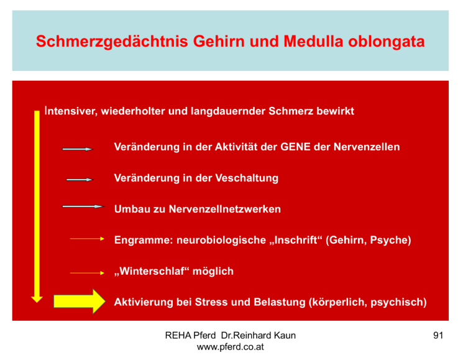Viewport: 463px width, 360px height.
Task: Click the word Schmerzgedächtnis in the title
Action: [112, 41]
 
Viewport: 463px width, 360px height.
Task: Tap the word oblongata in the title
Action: [386, 41]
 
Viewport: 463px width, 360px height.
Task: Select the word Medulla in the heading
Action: [313, 41]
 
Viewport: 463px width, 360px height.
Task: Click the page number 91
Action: [438, 335]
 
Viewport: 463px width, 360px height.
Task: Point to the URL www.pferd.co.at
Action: [231, 347]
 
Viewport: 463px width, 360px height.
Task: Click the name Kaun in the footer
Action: [285, 335]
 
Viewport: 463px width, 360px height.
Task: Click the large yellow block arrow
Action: [80, 301]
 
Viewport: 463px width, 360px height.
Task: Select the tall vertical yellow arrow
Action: [37, 206]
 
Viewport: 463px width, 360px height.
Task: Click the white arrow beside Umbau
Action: [83, 206]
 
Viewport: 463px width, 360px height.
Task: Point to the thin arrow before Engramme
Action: [87, 239]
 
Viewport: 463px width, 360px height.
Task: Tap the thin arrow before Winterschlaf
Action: [87, 273]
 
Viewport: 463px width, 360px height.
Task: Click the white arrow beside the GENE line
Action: [78, 149]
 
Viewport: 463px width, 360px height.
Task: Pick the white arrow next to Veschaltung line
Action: [80, 180]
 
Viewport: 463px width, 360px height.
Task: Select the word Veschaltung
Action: [247, 178]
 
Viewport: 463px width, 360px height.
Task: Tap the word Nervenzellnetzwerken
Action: [225, 209]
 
